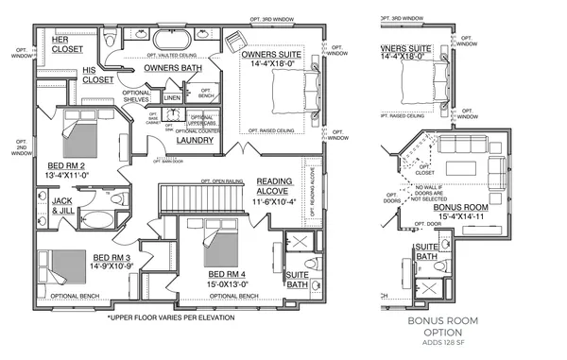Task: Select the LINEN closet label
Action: point(172,97)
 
